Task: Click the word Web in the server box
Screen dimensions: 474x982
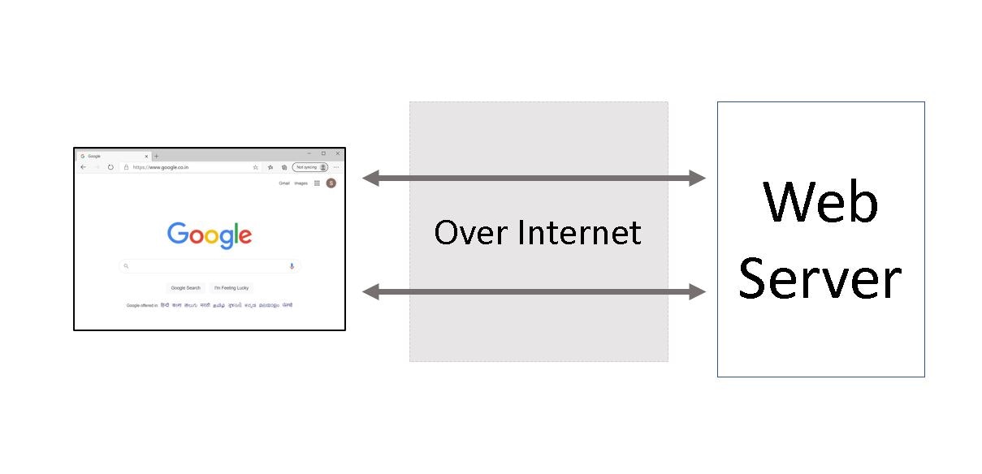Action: (x=820, y=203)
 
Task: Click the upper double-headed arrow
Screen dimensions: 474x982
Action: (x=534, y=178)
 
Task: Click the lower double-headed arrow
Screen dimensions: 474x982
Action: (x=534, y=291)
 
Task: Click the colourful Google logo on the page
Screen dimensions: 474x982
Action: (x=210, y=235)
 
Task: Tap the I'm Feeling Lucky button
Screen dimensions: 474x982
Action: (x=231, y=287)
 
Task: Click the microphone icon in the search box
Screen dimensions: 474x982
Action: (x=292, y=266)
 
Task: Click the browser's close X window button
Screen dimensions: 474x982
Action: (x=337, y=153)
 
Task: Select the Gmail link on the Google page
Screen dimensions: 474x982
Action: (x=284, y=183)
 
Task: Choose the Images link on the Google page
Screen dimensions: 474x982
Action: (x=301, y=183)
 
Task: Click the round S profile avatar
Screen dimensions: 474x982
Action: (x=331, y=183)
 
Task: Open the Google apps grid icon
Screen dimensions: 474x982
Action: (x=317, y=183)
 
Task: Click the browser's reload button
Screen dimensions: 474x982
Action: (x=110, y=167)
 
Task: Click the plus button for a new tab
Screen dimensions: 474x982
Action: (x=156, y=156)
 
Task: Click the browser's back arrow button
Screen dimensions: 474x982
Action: (x=83, y=167)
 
